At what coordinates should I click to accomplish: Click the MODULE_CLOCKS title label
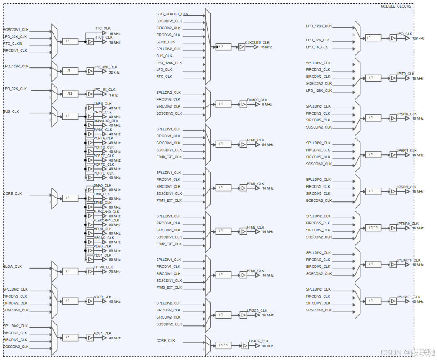pos(396,6)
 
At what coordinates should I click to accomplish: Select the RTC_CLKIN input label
pos(13,44)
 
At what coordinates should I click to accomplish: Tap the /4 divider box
pos(70,71)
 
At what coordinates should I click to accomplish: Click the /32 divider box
pos(70,93)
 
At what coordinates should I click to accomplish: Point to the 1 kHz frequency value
pos(114,95)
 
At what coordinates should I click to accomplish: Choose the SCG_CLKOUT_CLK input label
pos(172,14)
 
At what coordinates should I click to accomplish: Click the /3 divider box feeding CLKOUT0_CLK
pos(224,47)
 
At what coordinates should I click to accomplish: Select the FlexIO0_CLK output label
pos(257,100)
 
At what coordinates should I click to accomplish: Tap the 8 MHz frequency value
pos(267,105)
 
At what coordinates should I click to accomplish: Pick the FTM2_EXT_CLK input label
pos(169,244)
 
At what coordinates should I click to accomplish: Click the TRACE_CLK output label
pos(259,341)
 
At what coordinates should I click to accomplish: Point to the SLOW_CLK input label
pos(13,267)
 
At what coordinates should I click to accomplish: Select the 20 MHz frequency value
pos(114,272)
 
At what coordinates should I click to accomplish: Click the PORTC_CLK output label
pos(103,156)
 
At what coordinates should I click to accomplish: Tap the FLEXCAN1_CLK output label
pos(106,220)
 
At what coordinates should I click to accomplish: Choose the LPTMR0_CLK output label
pos(407,224)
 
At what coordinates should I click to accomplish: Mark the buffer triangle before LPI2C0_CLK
pos(243,315)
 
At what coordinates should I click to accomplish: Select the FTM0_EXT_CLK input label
pos(169,157)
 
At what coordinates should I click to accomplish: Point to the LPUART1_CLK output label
pos(409,297)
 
